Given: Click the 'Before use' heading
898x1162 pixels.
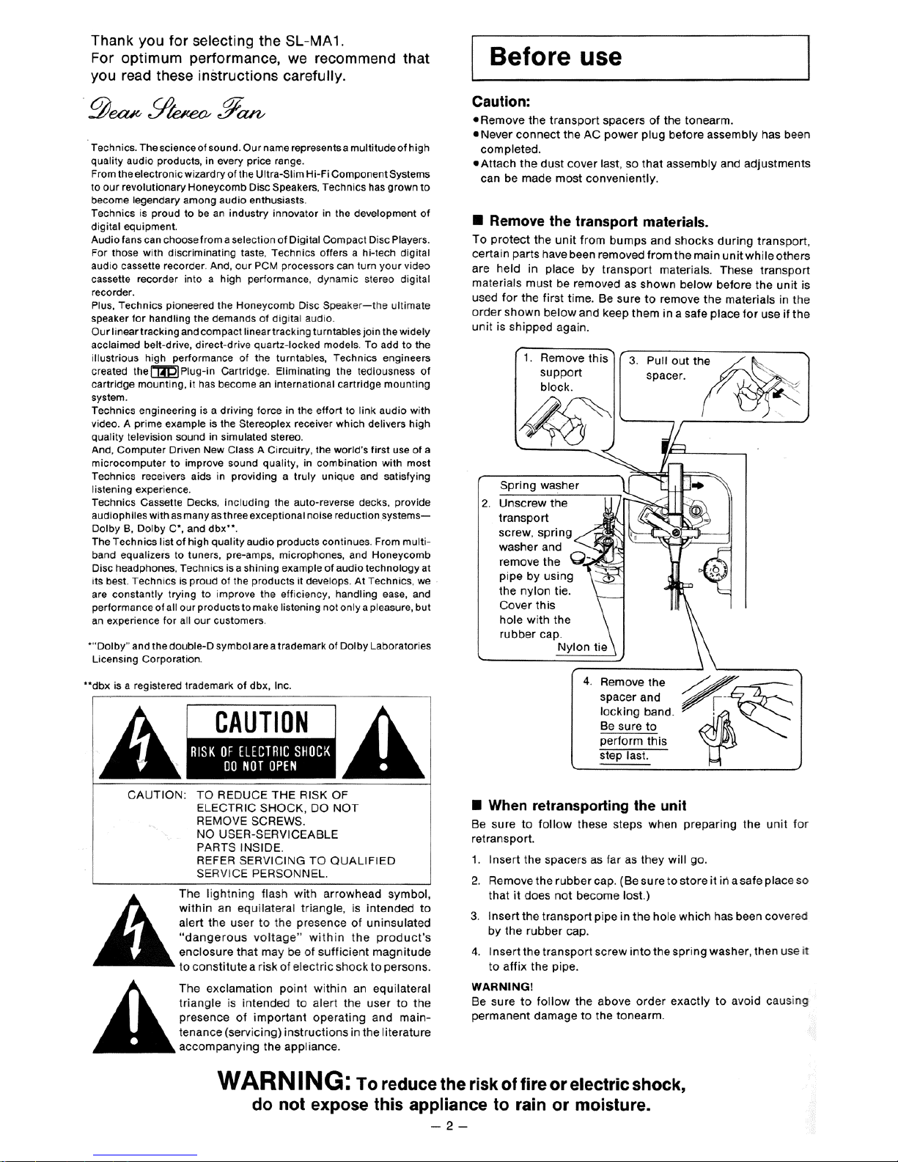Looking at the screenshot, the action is pos(556,56).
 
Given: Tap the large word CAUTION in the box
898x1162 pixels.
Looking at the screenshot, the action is pos(262,722).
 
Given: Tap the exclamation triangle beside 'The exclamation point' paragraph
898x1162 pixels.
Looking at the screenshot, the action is pos(133,1020).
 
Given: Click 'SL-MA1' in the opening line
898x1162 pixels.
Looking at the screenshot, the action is pos(316,40).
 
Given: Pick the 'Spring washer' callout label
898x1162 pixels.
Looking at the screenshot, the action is pos(540,485).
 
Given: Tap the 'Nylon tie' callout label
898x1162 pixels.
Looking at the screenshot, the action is pos(582,647).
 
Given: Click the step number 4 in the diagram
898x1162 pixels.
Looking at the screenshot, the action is pos(587,682).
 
